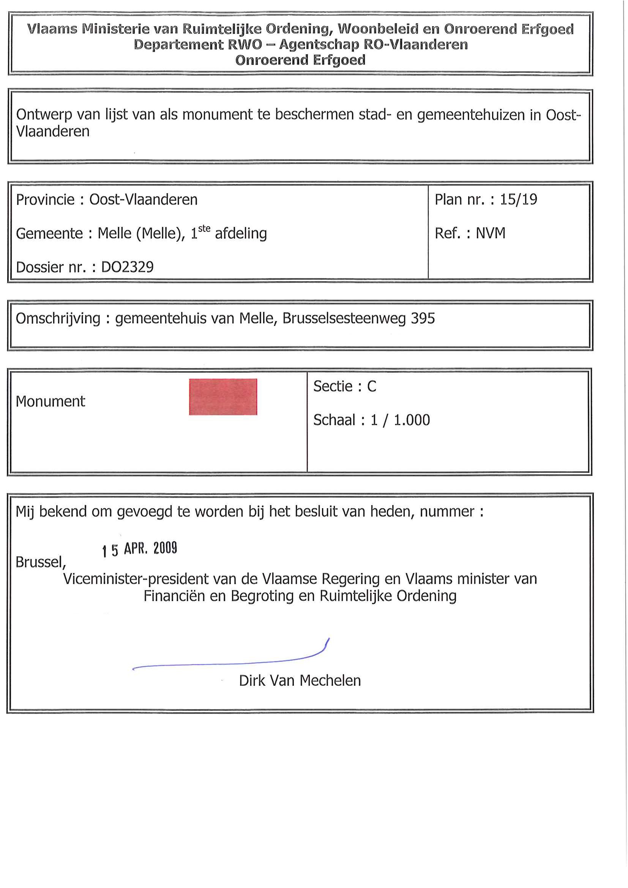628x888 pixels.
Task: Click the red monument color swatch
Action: pyautogui.click(x=223, y=397)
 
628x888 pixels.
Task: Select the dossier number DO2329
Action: pyautogui.click(x=127, y=267)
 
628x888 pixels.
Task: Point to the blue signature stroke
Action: pyautogui.click(x=232, y=663)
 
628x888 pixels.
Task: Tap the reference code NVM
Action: pyautogui.click(x=490, y=233)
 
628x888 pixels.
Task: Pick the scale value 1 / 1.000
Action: pyautogui.click(x=400, y=420)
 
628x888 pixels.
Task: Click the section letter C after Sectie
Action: pyautogui.click(x=371, y=386)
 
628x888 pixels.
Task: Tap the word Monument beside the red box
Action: pyautogui.click(x=50, y=401)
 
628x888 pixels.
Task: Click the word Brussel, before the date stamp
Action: pyautogui.click(x=41, y=562)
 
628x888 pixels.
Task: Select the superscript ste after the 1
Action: pyautogui.click(x=204, y=228)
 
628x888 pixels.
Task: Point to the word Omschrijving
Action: pyautogui.click(x=58, y=319)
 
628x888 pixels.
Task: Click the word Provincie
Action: pyautogui.click(x=45, y=200)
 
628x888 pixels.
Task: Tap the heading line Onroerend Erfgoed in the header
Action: pyautogui.click(x=300, y=60)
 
